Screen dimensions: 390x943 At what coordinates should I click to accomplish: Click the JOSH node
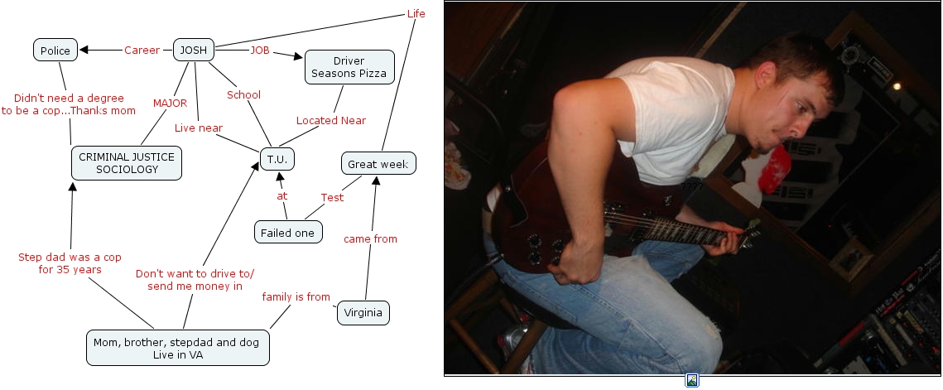(193, 50)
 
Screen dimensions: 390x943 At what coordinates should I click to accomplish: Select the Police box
(56, 51)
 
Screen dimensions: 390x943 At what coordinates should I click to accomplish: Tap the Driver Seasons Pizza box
(349, 67)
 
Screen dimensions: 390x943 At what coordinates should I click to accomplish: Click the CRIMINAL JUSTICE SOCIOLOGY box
(127, 162)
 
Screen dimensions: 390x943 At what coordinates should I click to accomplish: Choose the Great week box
(378, 164)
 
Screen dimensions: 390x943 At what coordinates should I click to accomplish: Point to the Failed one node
(287, 233)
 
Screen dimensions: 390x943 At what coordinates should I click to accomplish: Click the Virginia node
(363, 313)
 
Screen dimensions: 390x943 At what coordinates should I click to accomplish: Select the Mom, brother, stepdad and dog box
(178, 348)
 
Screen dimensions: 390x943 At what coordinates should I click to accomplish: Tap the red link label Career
(142, 51)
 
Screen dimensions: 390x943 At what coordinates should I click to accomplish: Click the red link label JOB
(260, 51)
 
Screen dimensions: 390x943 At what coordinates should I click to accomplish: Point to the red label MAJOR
(170, 104)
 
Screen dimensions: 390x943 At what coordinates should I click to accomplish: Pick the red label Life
(416, 13)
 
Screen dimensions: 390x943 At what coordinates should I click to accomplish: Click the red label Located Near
(331, 120)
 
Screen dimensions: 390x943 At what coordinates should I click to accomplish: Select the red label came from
(370, 239)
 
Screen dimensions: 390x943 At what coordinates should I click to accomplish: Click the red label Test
(332, 197)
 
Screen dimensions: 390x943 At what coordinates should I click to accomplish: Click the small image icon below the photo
(692, 381)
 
